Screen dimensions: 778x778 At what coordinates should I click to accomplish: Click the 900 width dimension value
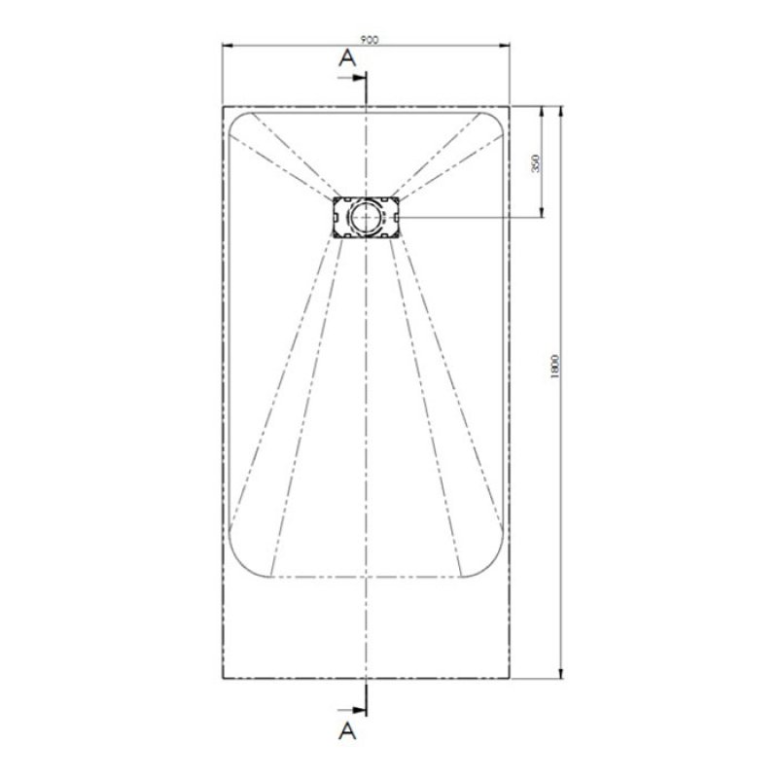tap(368, 40)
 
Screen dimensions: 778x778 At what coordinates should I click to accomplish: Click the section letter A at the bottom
tap(345, 726)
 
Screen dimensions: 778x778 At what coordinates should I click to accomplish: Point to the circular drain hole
tap(368, 215)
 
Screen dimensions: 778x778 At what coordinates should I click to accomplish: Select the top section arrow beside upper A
tap(358, 77)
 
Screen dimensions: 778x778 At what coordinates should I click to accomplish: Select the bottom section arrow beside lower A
tap(358, 708)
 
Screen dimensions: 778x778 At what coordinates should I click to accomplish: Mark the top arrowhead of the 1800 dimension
tap(560, 108)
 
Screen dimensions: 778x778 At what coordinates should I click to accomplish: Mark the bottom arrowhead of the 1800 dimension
tap(560, 674)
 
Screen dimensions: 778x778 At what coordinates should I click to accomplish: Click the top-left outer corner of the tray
tap(223, 104)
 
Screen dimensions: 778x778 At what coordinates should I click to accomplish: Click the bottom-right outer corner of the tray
tap(512, 678)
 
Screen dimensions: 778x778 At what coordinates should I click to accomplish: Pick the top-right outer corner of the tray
tap(512, 104)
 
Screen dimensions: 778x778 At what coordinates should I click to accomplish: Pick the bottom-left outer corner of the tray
tap(223, 678)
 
